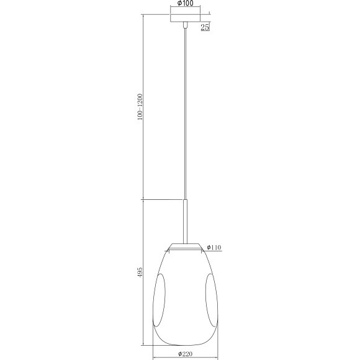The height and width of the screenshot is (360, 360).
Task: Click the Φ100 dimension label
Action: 184,4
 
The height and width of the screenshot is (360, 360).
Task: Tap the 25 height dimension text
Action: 205,27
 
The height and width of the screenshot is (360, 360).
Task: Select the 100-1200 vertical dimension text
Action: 140,107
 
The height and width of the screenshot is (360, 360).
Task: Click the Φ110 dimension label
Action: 214,246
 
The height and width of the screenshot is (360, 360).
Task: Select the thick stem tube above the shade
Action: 184,219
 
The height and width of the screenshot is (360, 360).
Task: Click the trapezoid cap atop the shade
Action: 184,245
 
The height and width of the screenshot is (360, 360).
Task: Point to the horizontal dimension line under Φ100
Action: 184,11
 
